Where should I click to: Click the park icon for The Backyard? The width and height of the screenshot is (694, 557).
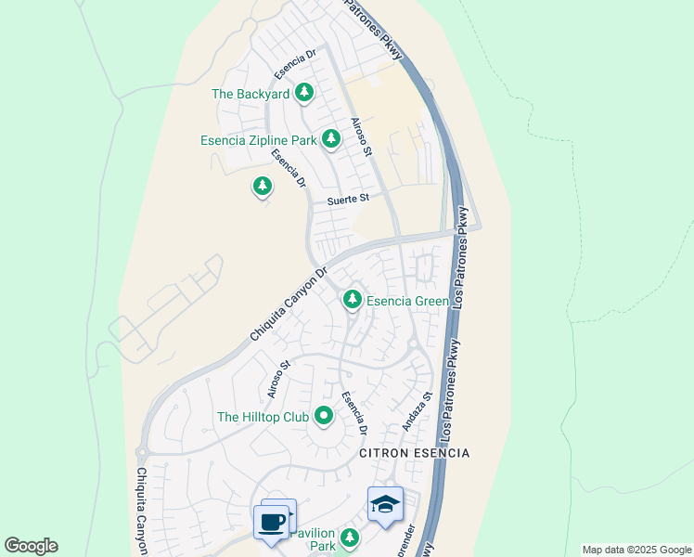(x=304, y=93)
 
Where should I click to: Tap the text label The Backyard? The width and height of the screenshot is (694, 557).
(x=251, y=94)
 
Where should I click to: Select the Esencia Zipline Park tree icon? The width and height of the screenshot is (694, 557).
(x=331, y=140)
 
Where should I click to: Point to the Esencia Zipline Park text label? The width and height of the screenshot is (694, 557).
(x=258, y=141)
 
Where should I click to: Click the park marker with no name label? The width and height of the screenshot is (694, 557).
(x=263, y=188)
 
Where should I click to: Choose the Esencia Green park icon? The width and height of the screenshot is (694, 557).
(x=352, y=300)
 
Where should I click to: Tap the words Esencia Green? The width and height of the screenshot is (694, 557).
(x=407, y=301)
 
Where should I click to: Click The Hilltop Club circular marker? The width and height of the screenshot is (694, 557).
(x=324, y=417)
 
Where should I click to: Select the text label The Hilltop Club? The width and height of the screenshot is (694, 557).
(x=263, y=418)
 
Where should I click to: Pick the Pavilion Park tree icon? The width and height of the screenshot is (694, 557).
(x=349, y=538)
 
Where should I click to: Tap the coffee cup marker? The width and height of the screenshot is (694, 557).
(x=271, y=522)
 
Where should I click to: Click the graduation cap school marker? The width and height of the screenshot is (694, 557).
(x=385, y=504)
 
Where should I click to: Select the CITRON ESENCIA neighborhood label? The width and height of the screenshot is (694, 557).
(x=414, y=453)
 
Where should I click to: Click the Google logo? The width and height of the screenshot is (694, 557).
(x=31, y=546)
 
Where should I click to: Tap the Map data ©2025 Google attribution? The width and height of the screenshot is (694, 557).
(x=636, y=550)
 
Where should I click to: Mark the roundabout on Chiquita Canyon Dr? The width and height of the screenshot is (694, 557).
(x=142, y=453)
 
